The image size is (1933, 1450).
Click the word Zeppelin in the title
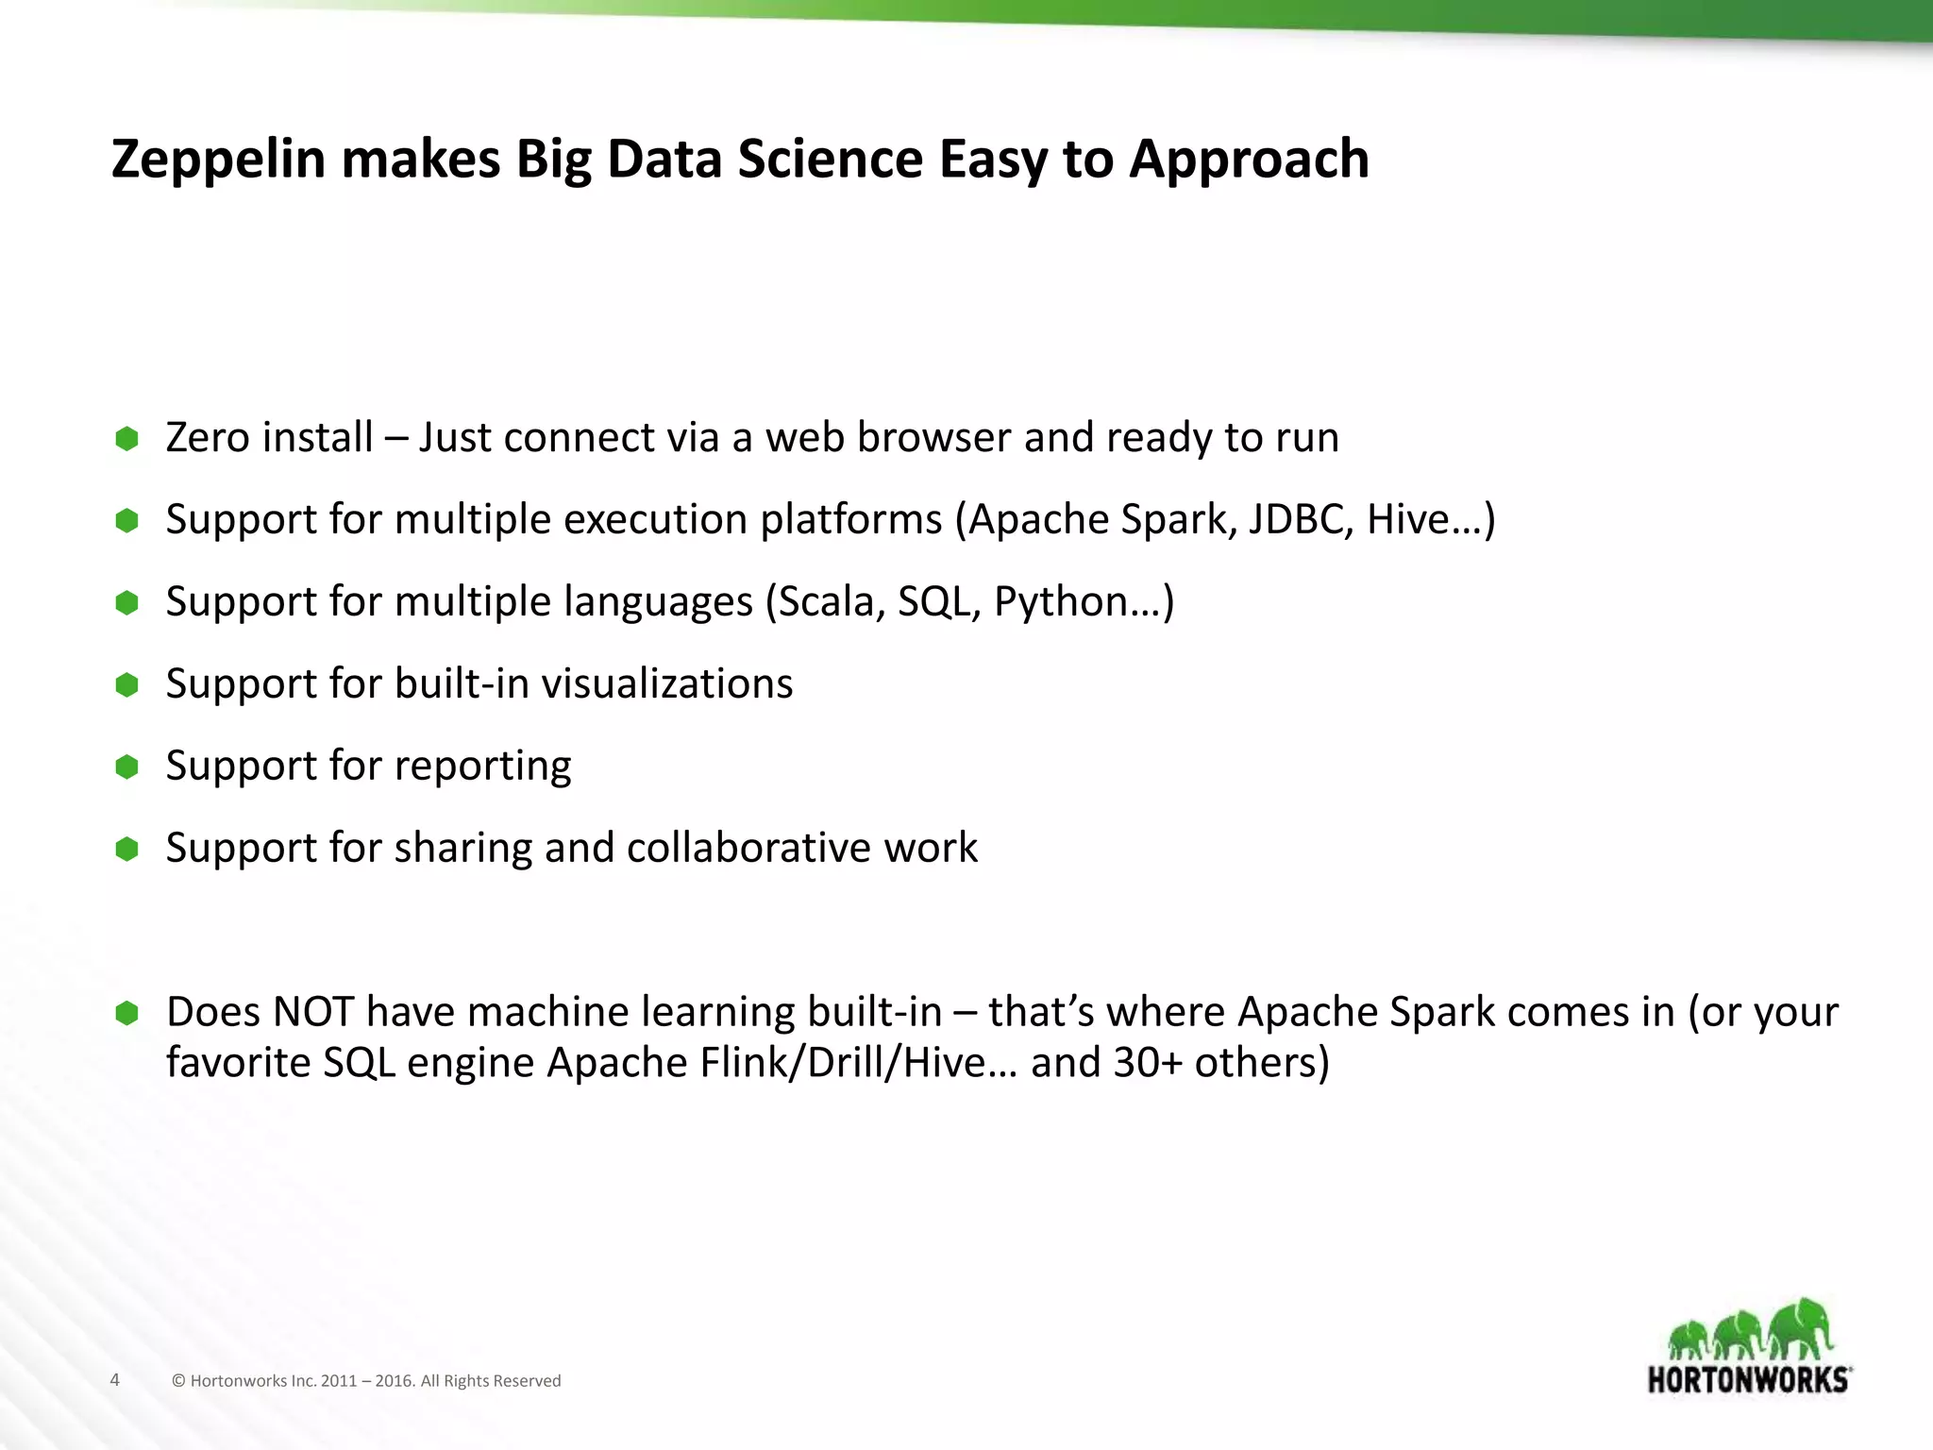tap(218, 160)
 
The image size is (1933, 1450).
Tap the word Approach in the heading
tap(1249, 160)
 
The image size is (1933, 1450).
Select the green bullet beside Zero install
tap(126, 438)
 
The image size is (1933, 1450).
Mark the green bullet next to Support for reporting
tap(126, 767)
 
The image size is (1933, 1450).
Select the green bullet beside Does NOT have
tap(126, 1014)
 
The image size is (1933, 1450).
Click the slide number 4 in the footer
tap(115, 1380)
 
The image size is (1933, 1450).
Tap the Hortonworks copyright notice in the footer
tap(366, 1381)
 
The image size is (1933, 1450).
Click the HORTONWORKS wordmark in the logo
tap(1749, 1379)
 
